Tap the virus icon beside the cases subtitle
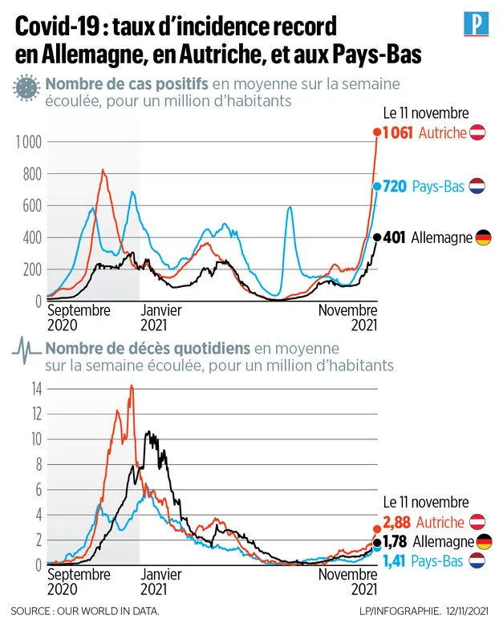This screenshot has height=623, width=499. coord(27,88)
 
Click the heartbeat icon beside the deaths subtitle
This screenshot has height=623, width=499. coord(27,351)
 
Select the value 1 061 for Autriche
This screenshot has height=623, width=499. coord(399,133)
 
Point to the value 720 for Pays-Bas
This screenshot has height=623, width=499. coord(396,186)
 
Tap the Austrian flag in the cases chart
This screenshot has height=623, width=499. coord(479,132)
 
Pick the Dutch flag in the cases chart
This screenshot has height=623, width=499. coord(478,186)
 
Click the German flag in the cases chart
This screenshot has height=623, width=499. coord(483,237)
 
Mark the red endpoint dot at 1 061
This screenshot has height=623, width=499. coord(377,132)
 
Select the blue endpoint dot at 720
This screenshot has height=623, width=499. coord(377,186)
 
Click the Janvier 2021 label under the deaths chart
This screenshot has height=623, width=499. coord(160,581)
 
